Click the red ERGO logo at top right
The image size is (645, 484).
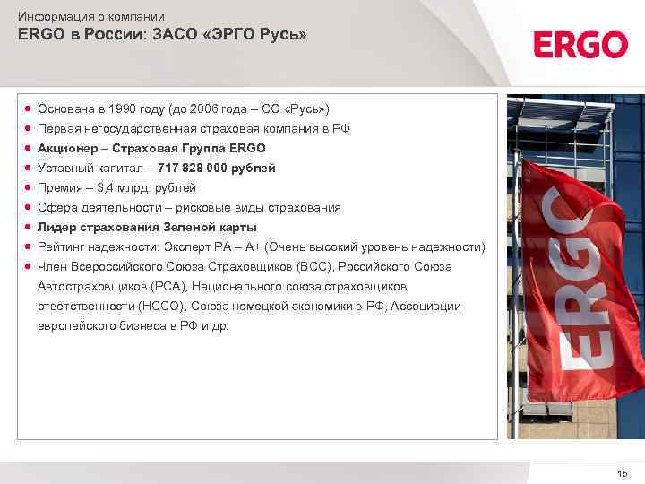pos(580,44)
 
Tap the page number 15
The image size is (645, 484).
pos(623,472)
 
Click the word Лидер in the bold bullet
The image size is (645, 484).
pos(56,227)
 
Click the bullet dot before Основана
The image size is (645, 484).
pos(29,108)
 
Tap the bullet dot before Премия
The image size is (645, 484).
pos(29,187)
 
